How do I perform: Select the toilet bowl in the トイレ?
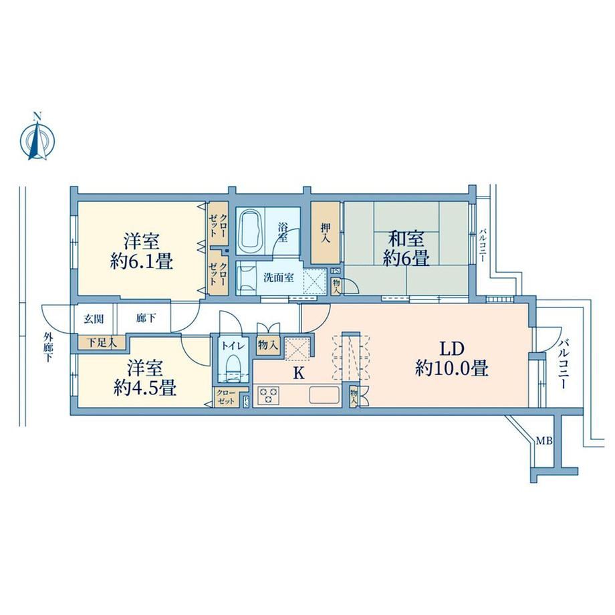click(x=234, y=366)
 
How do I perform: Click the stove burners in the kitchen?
click(x=269, y=394)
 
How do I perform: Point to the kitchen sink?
click(x=324, y=394)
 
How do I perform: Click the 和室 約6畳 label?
click(x=406, y=249)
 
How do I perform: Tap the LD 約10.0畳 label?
click(x=451, y=358)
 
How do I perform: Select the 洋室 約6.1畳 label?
click(x=142, y=251)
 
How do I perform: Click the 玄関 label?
click(x=94, y=319)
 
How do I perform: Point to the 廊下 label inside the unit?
click(x=146, y=318)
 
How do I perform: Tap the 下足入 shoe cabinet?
click(x=101, y=343)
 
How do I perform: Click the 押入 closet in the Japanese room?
click(x=325, y=233)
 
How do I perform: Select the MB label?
click(x=544, y=441)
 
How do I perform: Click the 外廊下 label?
click(x=48, y=347)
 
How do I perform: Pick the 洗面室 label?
click(x=279, y=277)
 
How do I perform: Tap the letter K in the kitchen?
click(x=299, y=374)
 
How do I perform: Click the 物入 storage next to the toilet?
click(x=268, y=346)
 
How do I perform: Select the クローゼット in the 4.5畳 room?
click(x=227, y=397)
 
